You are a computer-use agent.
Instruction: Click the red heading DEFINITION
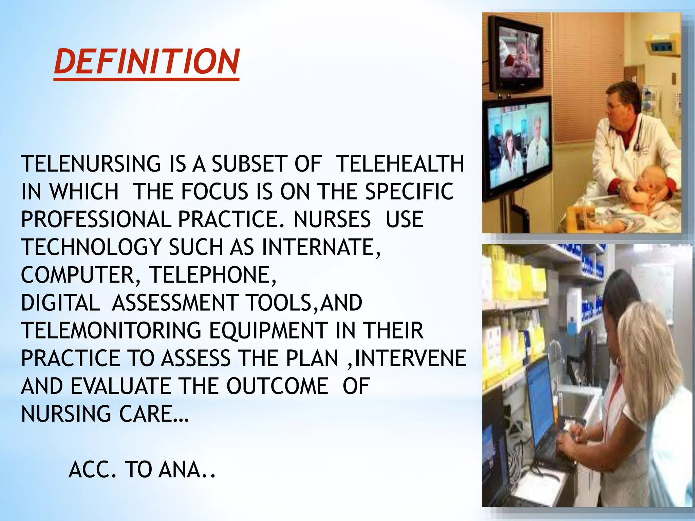147,62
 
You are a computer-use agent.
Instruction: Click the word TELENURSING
91,164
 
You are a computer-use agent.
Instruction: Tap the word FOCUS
214,192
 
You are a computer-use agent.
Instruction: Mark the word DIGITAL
60,303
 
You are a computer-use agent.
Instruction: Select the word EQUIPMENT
268,331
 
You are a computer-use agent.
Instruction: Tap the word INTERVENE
410,359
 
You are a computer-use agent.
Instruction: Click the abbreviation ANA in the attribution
180,470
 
